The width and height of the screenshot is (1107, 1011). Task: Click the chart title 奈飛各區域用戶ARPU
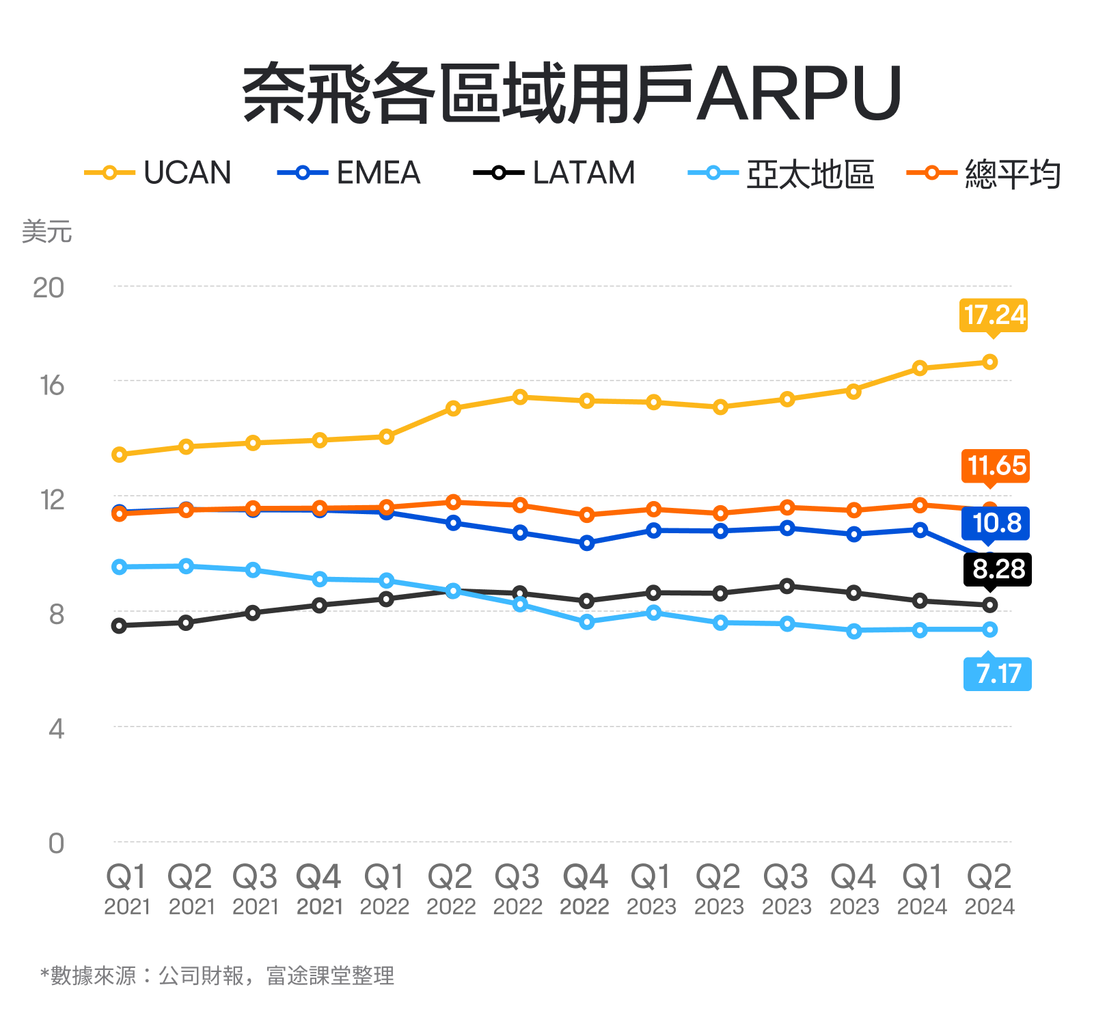click(x=573, y=94)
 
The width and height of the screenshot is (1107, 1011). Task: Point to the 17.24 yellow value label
click(x=994, y=315)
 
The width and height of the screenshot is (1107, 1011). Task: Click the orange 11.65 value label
click(x=996, y=466)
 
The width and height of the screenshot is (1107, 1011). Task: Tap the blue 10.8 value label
click(x=996, y=523)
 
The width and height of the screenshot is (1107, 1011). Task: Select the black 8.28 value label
click(x=998, y=569)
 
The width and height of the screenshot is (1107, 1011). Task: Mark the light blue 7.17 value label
click(x=998, y=673)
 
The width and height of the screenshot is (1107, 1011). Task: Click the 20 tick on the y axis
click(x=48, y=288)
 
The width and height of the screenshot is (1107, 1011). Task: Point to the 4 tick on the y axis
click(x=56, y=729)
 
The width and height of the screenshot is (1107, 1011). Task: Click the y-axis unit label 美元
click(x=46, y=232)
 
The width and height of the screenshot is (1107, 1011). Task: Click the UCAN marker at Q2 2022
click(x=453, y=408)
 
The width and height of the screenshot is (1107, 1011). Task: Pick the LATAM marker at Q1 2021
click(x=120, y=625)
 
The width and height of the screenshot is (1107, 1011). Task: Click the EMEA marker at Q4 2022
click(x=586, y=543)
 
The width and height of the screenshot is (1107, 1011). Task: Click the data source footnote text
click(x=217, y=975)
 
